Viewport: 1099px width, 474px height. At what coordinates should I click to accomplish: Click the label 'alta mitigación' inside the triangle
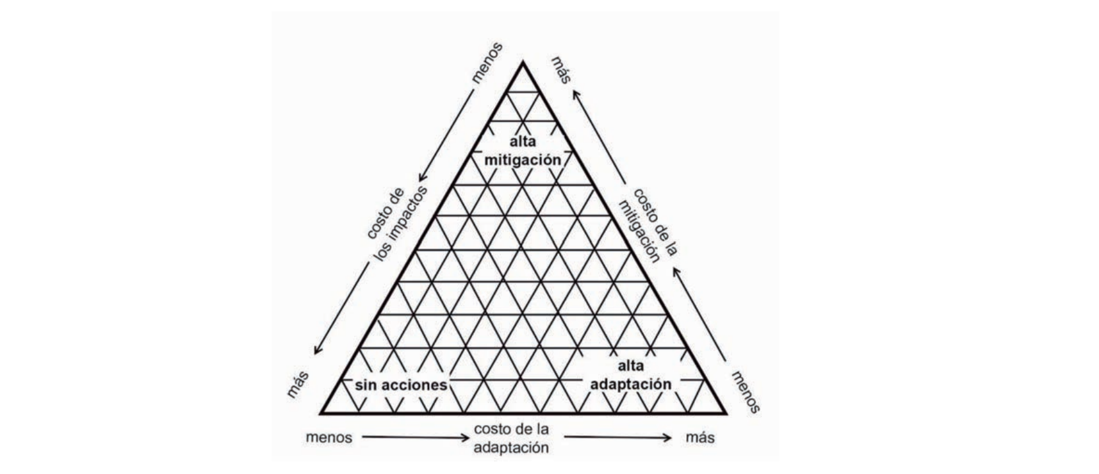tap(523, 151)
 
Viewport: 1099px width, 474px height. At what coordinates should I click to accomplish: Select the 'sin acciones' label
tap(401, 385)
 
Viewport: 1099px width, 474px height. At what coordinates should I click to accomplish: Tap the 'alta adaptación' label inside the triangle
tap(630, 375)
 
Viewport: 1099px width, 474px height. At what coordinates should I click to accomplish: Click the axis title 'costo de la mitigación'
tap(648, 225)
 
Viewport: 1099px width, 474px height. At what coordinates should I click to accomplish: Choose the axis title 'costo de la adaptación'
tap(511, 438)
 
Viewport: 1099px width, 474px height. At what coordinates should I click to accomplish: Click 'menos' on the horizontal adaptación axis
tap(329, 438)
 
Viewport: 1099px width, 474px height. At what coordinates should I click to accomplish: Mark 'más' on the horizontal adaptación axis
tap(699, 438)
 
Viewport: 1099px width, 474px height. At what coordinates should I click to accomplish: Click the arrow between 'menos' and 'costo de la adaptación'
tap(415, 437)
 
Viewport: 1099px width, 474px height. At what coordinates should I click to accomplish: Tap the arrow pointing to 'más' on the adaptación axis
tap(618, 437)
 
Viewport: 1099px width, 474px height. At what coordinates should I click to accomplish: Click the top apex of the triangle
tap(523, 62)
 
